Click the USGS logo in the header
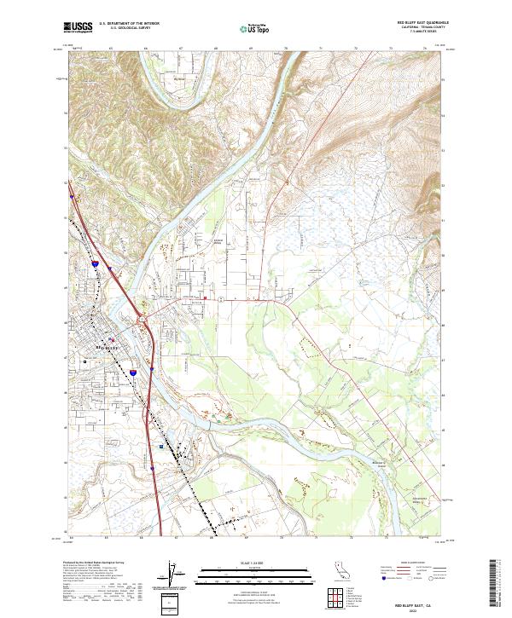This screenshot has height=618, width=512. click(79, 27)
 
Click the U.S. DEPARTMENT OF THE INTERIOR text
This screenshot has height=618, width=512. click(129, 24)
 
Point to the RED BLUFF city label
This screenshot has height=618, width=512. click(106, 348)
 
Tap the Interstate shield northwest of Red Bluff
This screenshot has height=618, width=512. click(96, 266)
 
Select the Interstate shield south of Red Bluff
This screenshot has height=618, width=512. click(133, 373)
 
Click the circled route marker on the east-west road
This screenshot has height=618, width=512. click(220, 299)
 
